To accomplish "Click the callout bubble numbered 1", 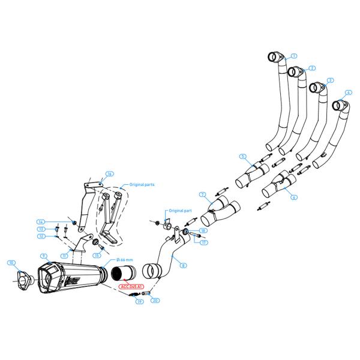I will click(x=294, y=56).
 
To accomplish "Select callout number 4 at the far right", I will click(x=348, y=94).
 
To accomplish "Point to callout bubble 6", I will click(x=294, y=197).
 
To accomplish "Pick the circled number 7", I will click(x=203, y=194).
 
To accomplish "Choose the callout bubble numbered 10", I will click(x=10, y=263).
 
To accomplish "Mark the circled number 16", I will click(x=109, y=175).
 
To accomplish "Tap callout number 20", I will click(x=155, y=300).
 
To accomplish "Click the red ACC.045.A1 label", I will click(x=131, y=287).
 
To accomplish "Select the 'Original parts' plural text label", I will click(x=142, y=185).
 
